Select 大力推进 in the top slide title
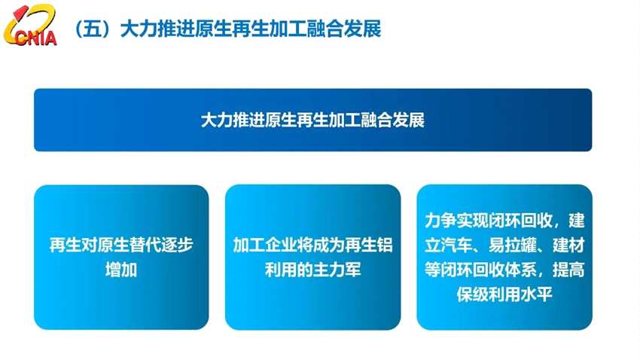[144, 29]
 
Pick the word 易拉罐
[520, 246]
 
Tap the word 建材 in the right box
[568, 246]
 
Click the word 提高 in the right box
[568, 270]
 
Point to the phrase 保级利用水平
[504, 294]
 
